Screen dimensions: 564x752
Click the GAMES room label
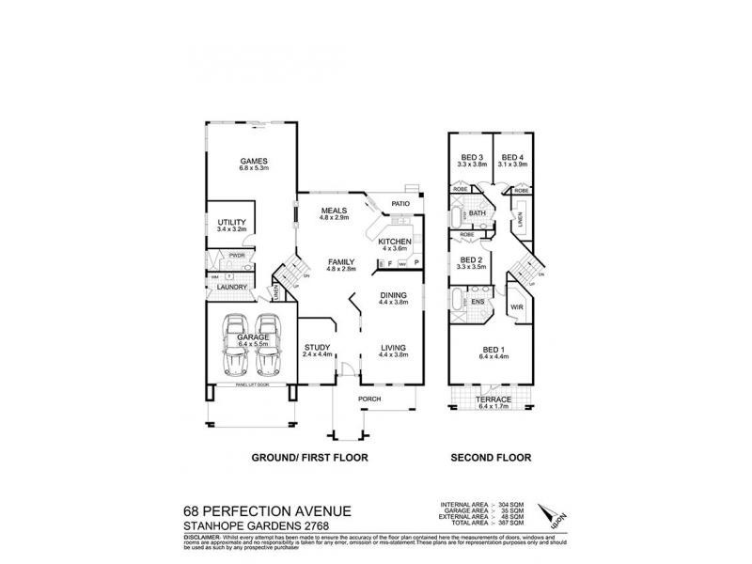pyautogui.click(x=254, y=161)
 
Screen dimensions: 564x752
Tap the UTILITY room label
pyautogui.click(x=231, y=221)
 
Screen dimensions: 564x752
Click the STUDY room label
pyautogui.click(x=317, y=347)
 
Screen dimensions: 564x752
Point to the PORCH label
pyautogui.click(x=368, y=399)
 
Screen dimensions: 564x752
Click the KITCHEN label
pyautogui.click(x=395, y=242)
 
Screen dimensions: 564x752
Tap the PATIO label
pyautogui.click(x=402, y=202)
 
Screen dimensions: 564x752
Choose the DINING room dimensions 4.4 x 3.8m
pyautogui.click(x=394, y=303)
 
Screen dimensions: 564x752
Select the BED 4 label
pyautogui.click(x=512, y=157)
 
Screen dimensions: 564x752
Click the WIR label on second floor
pyautogui.click(x=515, y=305)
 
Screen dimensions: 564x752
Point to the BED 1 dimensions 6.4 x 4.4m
pyautogui.click(x=493, y=356)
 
